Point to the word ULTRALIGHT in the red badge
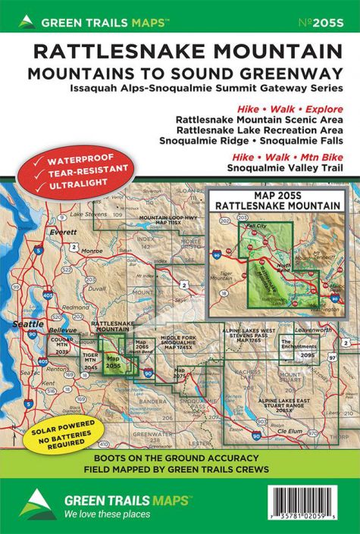tap(67, 185)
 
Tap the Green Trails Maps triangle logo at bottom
tap(33, 504)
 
